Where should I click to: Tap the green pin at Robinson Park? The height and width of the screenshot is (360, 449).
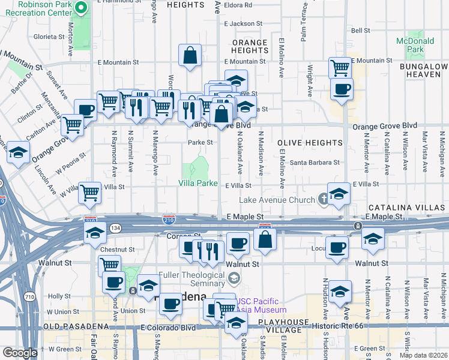coord(83,8)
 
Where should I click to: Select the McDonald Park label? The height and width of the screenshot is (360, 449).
coord(415,45)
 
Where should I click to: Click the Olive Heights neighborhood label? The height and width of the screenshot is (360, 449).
coord(310,143)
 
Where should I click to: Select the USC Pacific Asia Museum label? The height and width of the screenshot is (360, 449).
coord(261,305)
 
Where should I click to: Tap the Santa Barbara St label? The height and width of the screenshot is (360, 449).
coord(315,163)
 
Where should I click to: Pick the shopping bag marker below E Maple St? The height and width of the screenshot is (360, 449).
coord(264,239)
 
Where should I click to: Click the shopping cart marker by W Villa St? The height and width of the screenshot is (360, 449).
coord(90,193)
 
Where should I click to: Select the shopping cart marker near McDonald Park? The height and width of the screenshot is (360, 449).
coord(340,67)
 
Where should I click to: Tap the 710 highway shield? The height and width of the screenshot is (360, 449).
coord(28,296)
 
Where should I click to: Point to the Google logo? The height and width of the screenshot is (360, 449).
coord(20,353)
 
